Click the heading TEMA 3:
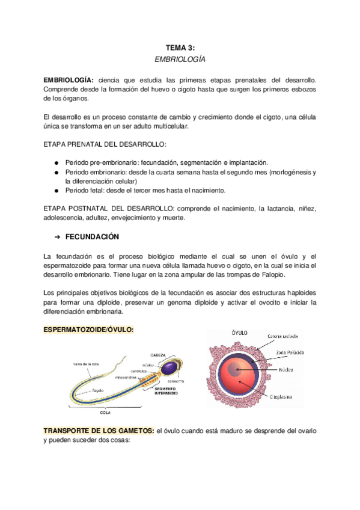(180, 48)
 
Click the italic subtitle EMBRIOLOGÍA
(180, 60)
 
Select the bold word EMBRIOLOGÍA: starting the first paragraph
(69, 80)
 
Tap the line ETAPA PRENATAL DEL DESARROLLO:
(106, 145)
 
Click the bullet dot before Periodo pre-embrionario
(56, 163)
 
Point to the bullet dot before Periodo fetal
(56, 190)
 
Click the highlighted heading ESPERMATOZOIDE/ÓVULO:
(88, 330)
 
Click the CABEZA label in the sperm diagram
(158, 355)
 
